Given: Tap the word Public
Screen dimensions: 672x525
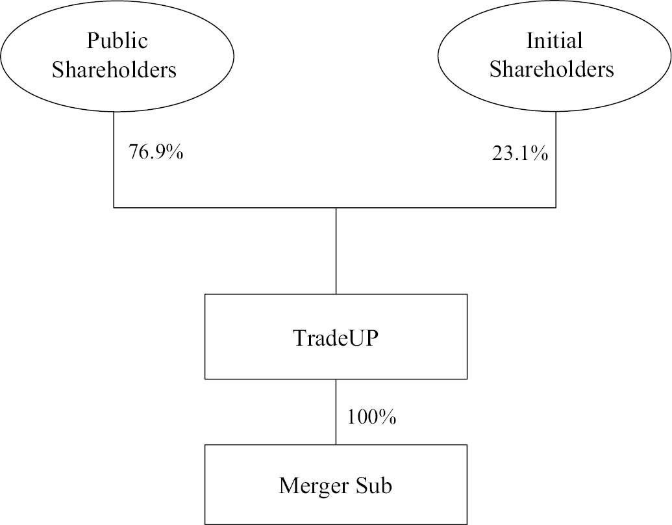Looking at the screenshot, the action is pyautogui.click(x=117, y=41).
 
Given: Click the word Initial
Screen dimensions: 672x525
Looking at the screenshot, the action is pyautogui.click(x=554, y=41).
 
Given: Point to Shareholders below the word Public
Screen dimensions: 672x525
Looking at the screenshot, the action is pyautogui.click(x=114, y=70).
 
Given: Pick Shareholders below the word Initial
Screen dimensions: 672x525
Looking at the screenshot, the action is pyautogui.click(x=552, y=70).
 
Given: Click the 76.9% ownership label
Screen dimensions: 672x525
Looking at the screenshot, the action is pyautogui.click(x=156, y=152).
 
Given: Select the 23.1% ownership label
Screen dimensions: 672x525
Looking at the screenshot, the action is pyautogui.click(x=520, y=153).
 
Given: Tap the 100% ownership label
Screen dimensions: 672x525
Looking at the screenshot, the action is pyautogui.click(x=371, y=416).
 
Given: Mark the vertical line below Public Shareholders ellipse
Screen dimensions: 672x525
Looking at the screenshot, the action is pyautogui.click(x=114, y=160).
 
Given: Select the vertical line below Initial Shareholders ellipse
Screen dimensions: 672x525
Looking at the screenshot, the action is pyautogui.click(x=556, y=160).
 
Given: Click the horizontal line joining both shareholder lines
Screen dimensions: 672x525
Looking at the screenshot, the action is pyautogui.click(x=335, y=208).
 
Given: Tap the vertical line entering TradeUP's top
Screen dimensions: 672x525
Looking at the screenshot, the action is pyautogui.click(x=336, y=251).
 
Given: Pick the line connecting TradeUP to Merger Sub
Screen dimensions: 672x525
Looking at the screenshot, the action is pyautogui.click(x=336, y=412).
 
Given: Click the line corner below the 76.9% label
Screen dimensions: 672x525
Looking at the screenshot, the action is pyautogui.click(x=114, y=208).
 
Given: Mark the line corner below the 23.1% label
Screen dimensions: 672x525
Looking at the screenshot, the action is pyautogui.click(x=556, y=208).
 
